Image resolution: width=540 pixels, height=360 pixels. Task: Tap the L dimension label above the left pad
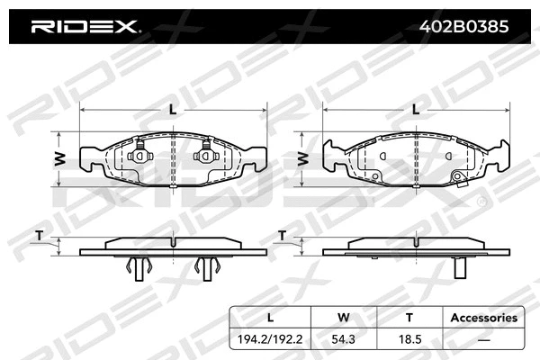[173, 110]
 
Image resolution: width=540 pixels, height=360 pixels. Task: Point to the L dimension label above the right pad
[415, 110]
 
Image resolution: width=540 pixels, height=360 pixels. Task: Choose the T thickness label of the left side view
[38, 236]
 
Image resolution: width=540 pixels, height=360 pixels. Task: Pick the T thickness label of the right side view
[282, 236]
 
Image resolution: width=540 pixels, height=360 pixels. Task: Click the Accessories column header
[483, 317]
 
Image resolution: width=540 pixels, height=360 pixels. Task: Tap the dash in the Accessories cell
[483, 341]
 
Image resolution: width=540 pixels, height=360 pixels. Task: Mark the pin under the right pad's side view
[458, 267]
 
